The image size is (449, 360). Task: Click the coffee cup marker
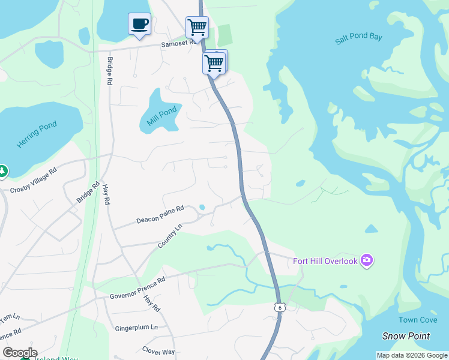point(139,25)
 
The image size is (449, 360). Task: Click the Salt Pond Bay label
point(358,37)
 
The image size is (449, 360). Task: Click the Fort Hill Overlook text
point(325,261)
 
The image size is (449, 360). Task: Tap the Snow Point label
point(406,336)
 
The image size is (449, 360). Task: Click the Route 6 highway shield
point(279,307)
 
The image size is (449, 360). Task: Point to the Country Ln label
point(169,236)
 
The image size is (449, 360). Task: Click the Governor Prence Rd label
point(137,289)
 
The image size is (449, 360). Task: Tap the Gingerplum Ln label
point(136,328)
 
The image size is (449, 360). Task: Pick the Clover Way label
point(158,351)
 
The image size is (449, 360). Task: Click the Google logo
point(19,353)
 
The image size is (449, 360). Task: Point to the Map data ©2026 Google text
point(411,355)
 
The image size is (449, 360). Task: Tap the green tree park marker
point(2,172)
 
